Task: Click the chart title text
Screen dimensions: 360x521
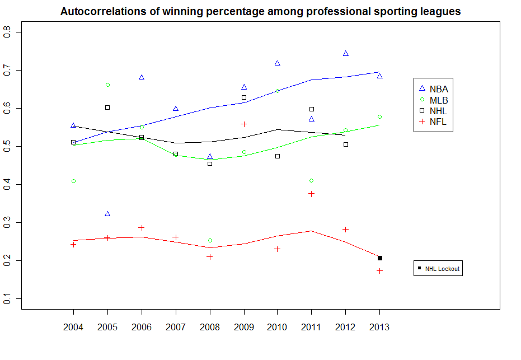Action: click(x=260, y=11)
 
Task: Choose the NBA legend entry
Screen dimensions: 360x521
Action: click(x=439, y=88)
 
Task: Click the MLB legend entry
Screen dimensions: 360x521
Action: click(x=439, y=100)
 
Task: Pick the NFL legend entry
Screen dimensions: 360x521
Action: click(x=438, y=122)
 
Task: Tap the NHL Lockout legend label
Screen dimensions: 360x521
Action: click(x=442, y=269)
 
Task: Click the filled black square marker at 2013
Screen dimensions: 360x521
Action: click(x=380, y=258)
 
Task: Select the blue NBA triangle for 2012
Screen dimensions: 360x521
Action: click(x=346, y=53)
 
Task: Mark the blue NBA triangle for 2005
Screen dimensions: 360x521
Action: click(x=107, y=214)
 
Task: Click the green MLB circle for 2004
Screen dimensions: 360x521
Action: click(x=73, y=181)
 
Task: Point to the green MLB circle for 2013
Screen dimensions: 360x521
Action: click(x=380, y=116)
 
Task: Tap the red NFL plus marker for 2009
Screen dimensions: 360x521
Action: click(x=244, y=124)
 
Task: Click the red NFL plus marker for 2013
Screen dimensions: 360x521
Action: click(x=380, y=271)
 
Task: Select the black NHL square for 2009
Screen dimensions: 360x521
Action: click(x=244, y=97)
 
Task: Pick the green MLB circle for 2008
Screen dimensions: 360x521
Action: click(x=210, y=241)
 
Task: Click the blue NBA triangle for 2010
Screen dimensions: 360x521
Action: click(x=278, y=63)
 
